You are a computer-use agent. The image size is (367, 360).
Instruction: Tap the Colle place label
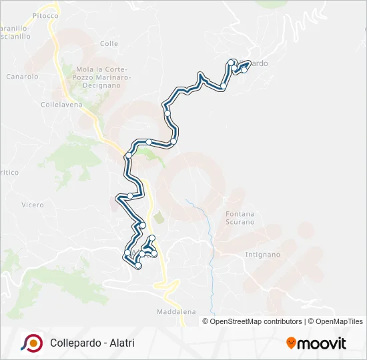tap(109, 43)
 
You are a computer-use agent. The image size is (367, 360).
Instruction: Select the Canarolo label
tap(23, 77)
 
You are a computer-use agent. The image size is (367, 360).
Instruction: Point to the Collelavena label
tap(61, 105)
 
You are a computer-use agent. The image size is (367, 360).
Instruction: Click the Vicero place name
tap(32, 205)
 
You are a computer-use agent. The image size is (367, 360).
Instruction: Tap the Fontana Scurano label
tap(240, 218)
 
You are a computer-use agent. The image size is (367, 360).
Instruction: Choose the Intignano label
tap(262, 255)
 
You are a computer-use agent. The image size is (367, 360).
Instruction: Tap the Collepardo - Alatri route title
tap(92, 343)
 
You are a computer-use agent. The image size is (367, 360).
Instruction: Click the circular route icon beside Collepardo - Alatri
tap(31, 343)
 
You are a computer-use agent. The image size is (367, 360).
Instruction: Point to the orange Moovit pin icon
tap(292, 343)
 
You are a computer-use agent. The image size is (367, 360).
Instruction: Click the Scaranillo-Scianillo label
tap(15, 33)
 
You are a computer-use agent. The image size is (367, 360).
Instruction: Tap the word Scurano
tap(240, 223)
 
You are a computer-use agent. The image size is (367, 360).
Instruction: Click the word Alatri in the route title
tap(121, 343)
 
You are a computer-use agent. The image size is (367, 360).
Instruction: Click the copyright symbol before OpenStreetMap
tap(206, 321)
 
